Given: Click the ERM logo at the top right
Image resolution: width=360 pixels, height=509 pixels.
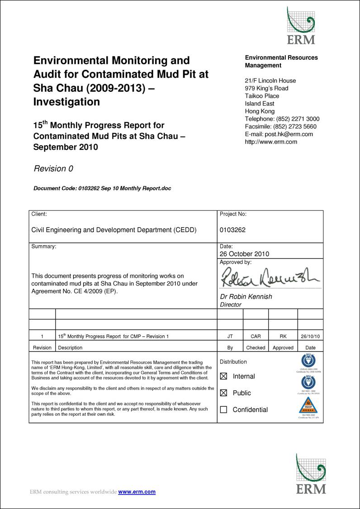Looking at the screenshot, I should pos(301,25).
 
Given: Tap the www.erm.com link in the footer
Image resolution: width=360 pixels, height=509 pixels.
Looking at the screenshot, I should pos(137,492).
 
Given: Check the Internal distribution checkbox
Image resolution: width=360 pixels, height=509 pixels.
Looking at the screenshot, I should pos(223,376).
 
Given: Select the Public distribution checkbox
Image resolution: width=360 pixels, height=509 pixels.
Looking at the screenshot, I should pos(223,393).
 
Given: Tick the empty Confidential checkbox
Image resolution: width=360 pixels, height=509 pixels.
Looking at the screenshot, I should pos(223,410).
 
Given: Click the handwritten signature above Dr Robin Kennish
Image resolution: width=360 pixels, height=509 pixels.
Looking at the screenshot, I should pos(270,277).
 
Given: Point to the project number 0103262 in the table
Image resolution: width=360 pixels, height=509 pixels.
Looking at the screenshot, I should pos(232,230).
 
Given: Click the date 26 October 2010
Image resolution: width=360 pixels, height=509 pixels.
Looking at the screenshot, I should pos(244,254).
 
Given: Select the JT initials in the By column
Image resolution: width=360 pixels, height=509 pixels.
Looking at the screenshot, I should pos(230,337).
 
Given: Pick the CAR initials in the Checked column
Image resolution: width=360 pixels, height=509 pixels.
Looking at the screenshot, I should pos(256,337).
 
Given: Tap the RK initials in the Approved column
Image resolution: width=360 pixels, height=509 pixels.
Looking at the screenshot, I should pos(283,337).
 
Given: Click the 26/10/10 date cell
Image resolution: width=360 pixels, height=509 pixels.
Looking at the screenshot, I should pos(310,337).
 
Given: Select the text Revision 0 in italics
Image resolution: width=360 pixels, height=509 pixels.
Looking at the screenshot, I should pos(53,169).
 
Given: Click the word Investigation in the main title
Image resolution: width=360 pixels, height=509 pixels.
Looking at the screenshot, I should pos(66,102).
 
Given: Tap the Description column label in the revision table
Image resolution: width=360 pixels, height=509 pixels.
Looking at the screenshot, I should pos(70,348).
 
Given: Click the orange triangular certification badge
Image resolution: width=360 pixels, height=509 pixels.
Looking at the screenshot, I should pos(308,406).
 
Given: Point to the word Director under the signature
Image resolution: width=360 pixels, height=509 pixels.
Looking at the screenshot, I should pos(231,305).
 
